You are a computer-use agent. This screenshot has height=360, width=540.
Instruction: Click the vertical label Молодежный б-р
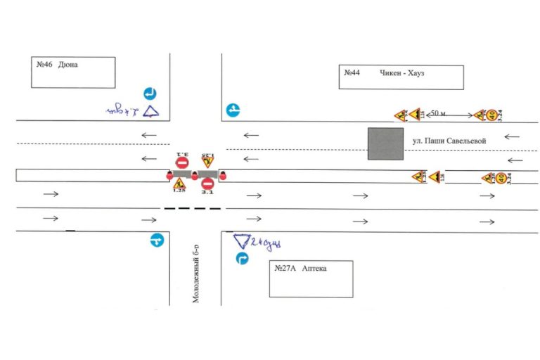(x=197, y=274)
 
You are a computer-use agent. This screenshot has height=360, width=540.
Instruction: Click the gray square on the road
(x=385, y=143)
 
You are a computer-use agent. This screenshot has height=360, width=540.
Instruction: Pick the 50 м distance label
(x=438, y=112)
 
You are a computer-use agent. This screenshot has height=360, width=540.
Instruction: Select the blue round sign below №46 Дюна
(x=150, y=94)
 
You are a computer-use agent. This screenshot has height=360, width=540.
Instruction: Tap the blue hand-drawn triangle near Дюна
(x=152, y=111)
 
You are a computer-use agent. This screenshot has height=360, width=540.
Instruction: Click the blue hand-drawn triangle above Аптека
(x=243, y=242)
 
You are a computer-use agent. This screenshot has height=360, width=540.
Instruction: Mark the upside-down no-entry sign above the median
(x=181, y=162)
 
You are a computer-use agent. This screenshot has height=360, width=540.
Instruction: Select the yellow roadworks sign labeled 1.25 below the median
(x=179, y=184)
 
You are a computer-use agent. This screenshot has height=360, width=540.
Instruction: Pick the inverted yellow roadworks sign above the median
(x=206, y=162)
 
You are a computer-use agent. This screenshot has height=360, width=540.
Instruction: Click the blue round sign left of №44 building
(x=233, y=110)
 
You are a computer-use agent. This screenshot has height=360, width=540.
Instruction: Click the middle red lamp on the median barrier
(x=195, y=175)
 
